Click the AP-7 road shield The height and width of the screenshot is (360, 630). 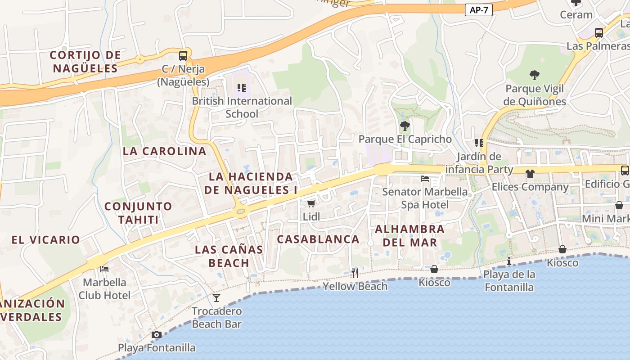point(478,10)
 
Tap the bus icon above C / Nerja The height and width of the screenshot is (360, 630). point(183,56)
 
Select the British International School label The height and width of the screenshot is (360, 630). point(242,107)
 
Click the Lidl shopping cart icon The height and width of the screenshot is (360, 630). point(311,203)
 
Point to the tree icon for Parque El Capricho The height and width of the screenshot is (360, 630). point(405,126)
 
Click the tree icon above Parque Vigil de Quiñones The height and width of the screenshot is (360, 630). point(535,75)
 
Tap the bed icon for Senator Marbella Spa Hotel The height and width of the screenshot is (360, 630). point(425,179)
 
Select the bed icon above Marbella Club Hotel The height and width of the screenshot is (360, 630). point(104,269)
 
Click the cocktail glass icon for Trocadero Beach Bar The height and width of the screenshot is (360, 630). point(216,297)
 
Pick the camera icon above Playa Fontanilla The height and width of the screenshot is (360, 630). point(157,334)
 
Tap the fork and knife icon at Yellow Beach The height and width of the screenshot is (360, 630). point(355,273)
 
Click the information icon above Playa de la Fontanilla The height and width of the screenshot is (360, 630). point(509,261)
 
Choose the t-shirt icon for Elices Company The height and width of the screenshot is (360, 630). point(530,173)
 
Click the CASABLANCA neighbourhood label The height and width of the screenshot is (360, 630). point(318,239)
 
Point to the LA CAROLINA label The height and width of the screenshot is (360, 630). point(165,151)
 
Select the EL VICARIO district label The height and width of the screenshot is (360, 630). point(46,239)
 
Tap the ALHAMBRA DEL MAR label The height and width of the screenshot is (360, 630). point(409,235)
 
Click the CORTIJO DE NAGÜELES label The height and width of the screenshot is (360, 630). point(85,62)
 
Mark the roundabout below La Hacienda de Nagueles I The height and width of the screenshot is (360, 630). point(241,211)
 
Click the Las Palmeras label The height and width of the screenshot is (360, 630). point(598,46)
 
